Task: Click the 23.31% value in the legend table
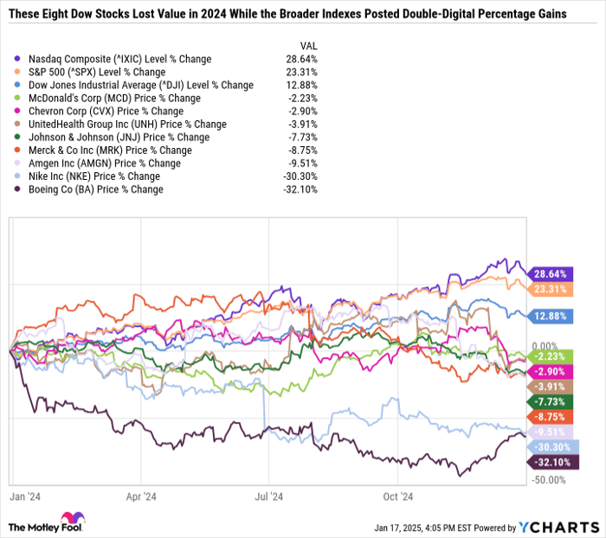(300, 72)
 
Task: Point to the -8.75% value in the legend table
(301, 151)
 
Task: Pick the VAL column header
(307, 46)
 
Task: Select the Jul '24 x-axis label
(270, 496)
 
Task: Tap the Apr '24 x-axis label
(140, 496)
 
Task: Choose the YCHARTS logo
(563, 524)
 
